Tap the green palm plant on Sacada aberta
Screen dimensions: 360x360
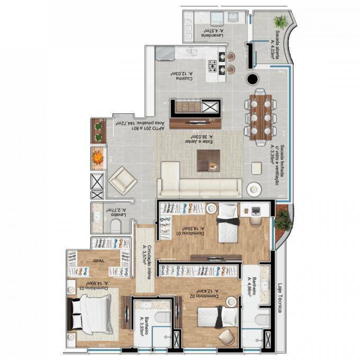pyautogui.click(x=280, y=22)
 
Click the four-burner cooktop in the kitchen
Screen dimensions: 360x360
pyautogui.click(x=213, y=66)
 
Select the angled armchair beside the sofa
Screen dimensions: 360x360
pyautogui.click(x=123, y=181)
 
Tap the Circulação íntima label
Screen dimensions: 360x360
pyautogui.click(x=143, y=259)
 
